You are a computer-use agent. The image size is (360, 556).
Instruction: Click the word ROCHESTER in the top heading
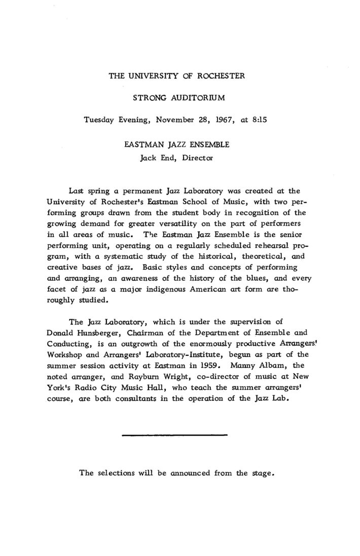[x=221, y=76]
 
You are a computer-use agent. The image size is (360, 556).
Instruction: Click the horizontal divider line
[x=174, y=434]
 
